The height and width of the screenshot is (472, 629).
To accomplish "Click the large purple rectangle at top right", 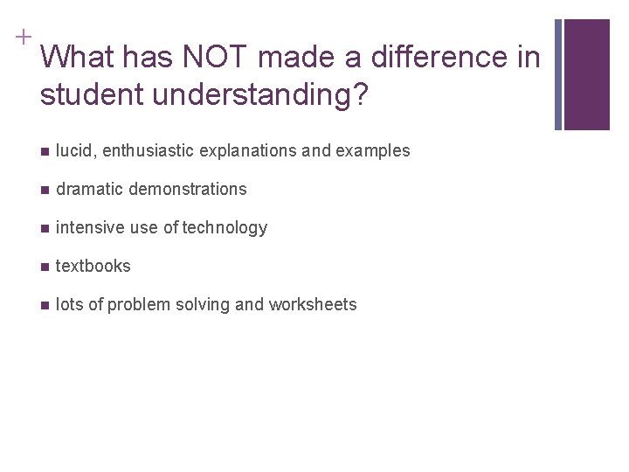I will click(586, 74).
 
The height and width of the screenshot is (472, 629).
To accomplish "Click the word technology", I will click(225, 227).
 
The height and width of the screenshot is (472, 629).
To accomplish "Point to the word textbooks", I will click(93, 266).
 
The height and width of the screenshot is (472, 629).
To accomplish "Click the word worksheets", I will click(313, 304).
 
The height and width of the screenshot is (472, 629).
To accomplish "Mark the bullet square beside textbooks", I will click(45, 267).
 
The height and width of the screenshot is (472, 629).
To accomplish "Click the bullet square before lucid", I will click(45, 151).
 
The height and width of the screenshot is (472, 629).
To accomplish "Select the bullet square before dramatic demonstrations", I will click(45, 190).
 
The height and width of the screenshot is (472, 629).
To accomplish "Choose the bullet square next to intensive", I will click(45, 228).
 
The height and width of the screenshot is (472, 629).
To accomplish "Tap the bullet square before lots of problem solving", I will click(45, 305).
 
